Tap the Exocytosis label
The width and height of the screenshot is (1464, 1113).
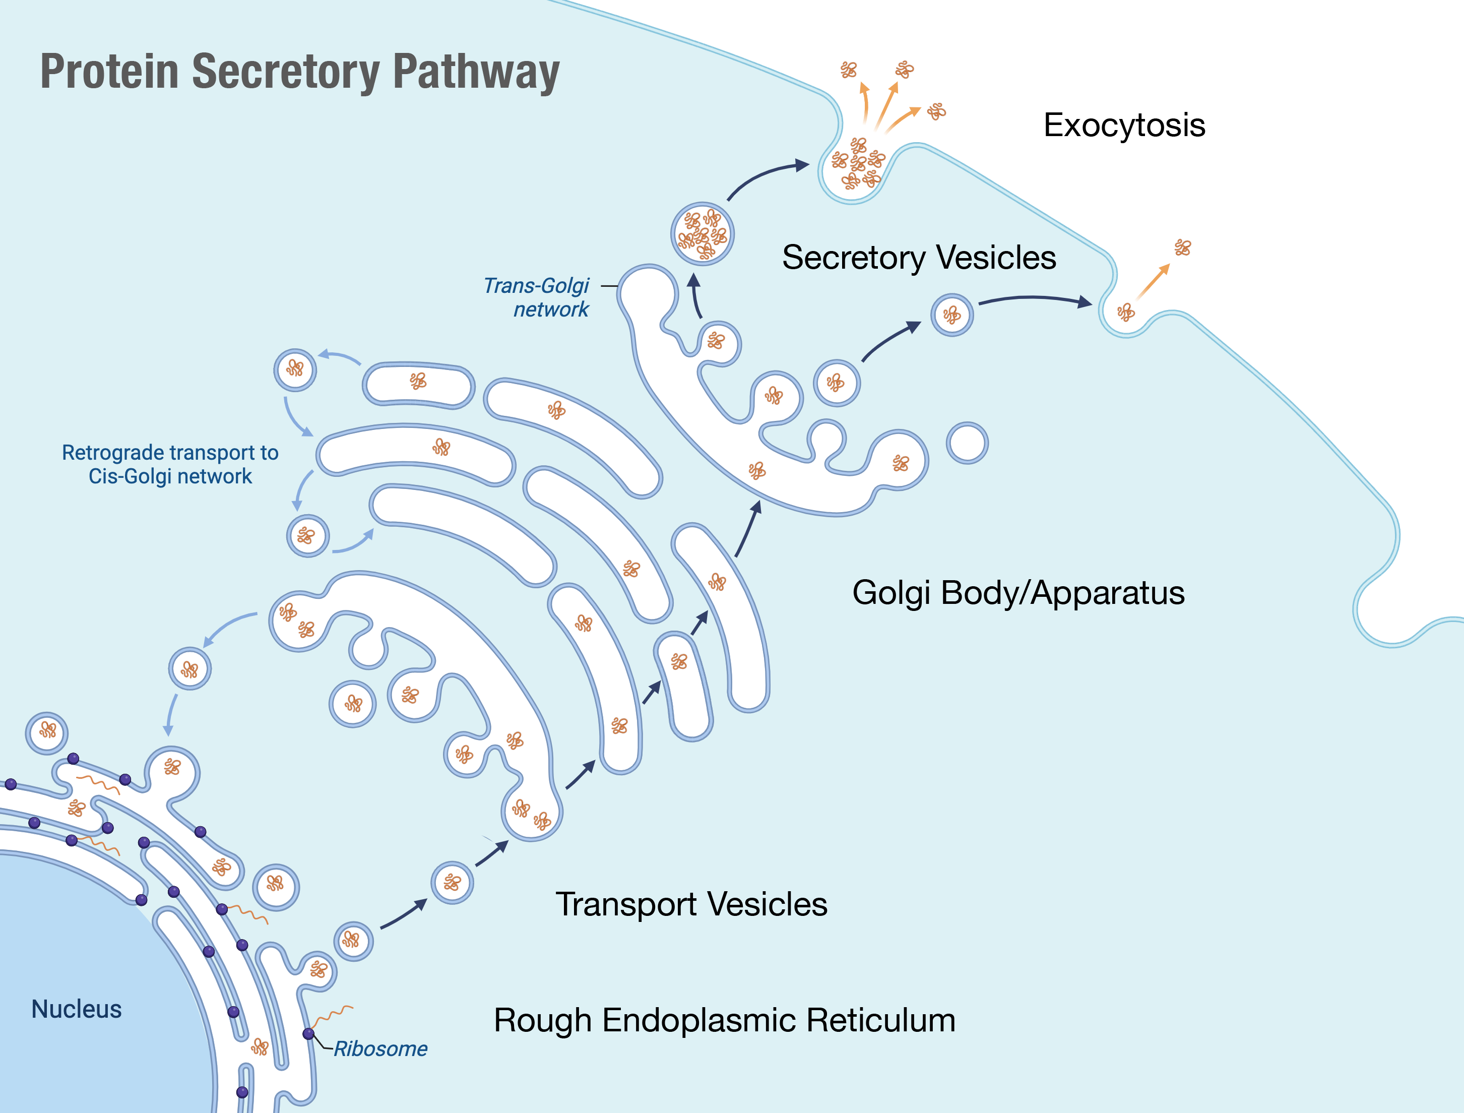[1124, 125]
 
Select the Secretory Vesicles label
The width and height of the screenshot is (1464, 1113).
[919, 257]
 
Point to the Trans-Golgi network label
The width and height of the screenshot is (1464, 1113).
[537, 297]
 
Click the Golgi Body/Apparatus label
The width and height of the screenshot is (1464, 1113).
[1018, 592]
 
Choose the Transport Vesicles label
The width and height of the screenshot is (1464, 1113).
[691, 904]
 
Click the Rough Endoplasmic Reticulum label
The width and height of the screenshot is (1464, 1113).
[725, 1020]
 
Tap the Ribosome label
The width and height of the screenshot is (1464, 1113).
[380, 1049]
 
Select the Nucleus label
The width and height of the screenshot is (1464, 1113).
[76, 1009]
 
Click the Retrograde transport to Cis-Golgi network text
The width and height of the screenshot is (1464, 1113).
[170, 464]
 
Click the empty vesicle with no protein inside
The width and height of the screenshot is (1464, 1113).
[967, 443]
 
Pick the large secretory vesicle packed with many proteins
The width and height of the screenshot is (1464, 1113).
[702, 234]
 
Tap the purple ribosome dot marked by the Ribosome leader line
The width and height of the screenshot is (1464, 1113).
[308, 1033]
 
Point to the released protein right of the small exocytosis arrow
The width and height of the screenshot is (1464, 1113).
[1182, 247]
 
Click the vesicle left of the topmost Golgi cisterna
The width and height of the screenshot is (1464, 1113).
[295, 369]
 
